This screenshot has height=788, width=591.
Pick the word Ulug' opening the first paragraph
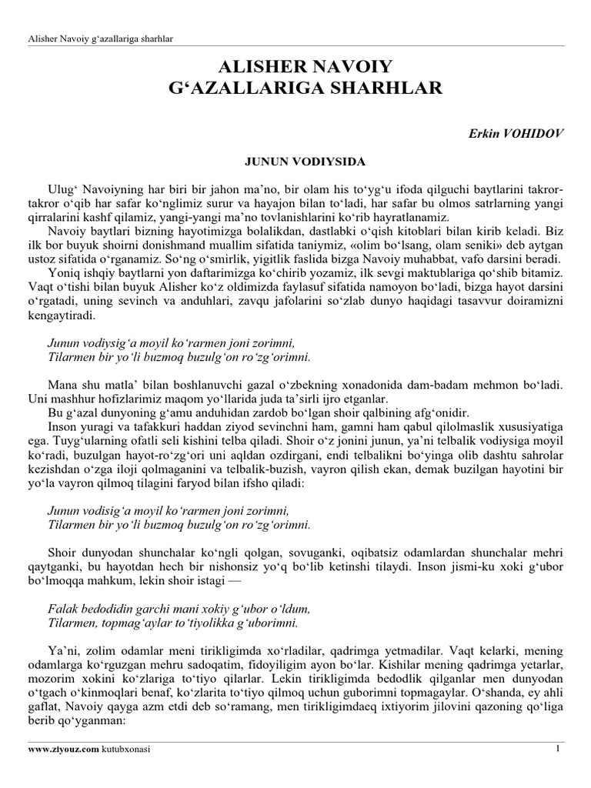coord(64,189)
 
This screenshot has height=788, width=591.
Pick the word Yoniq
coord(63,273)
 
